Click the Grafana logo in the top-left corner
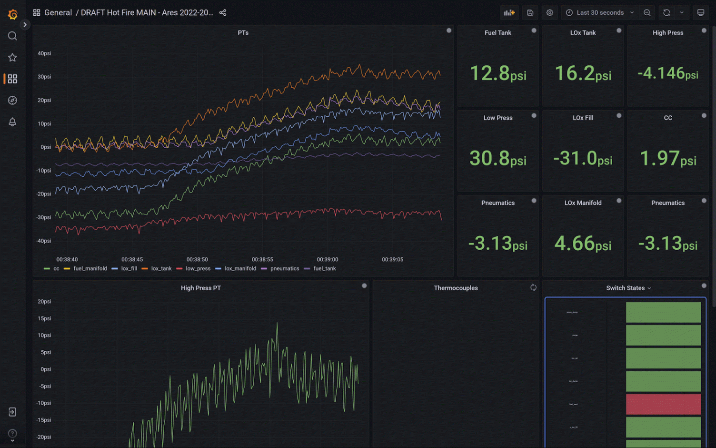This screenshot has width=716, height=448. tap(13, 14)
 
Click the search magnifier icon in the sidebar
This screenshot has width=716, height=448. tap(12, 36)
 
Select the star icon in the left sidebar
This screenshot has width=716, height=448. tap(12, 58)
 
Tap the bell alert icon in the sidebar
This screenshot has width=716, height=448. tap(12, 122)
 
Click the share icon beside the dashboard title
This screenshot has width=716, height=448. tap(223, 13)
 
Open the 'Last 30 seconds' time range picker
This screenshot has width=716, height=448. tap(600, 13)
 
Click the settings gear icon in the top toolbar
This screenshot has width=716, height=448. tap(549, 13)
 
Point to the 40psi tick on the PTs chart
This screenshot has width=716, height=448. tap(44, 53)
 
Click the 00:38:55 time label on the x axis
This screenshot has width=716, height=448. tap(262, 260)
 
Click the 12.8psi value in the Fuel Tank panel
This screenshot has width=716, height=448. tap(498, 73)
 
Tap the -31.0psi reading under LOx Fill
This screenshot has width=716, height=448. tap(583, 158)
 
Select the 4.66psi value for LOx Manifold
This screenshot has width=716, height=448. tap(583, 244)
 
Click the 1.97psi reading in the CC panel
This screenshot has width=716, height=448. tap(668, 158)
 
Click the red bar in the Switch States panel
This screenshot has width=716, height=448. tap(663, 404)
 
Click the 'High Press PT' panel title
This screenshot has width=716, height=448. tap(200, 288)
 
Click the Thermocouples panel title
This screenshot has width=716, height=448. tap(456, 288)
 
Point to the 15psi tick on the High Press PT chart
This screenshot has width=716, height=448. tap(44, 318)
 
